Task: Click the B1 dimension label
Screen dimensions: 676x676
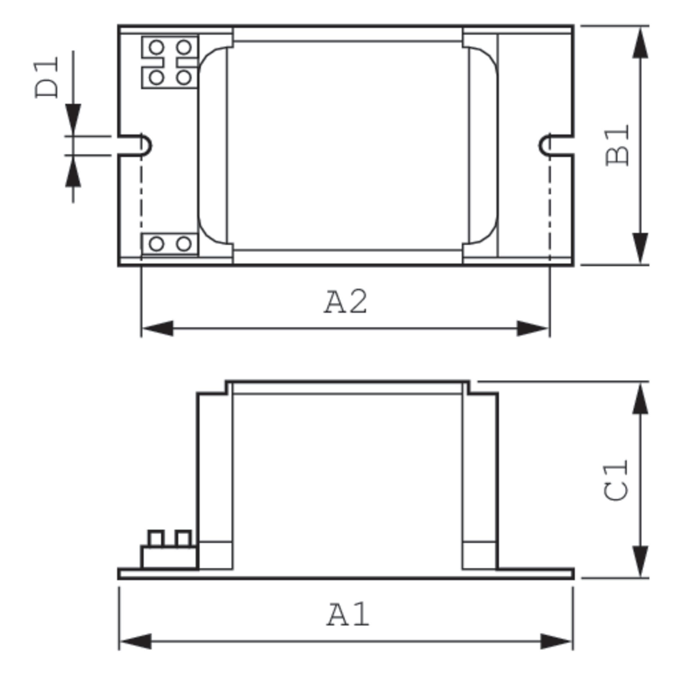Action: click(617, 146)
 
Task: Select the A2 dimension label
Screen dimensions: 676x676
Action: click(345, 302)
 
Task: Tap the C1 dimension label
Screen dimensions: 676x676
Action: click(616, 481)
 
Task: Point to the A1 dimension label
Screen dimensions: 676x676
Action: click(348, 615)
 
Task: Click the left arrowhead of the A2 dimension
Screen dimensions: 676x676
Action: click(158, 328)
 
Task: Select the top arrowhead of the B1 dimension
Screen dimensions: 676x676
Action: click(640, 43)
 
